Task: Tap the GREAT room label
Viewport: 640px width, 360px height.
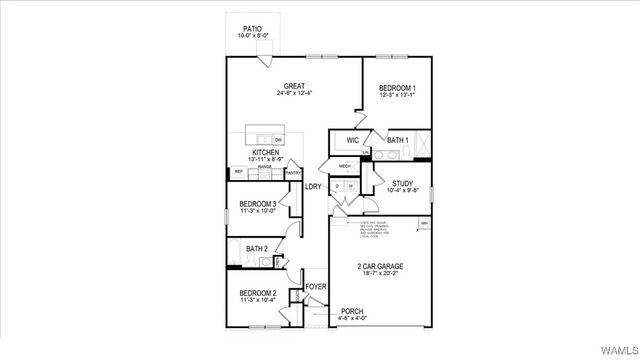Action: coord(294,86)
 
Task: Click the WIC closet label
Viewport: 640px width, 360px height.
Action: coord(353,140)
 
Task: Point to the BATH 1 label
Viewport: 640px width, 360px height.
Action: coord(398,140)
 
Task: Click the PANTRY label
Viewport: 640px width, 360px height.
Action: coord(293,173)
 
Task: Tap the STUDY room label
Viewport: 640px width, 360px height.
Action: coord(402,183)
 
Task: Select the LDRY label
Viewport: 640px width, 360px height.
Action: coord(313,185)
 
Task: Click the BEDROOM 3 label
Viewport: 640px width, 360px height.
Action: coord(258,204)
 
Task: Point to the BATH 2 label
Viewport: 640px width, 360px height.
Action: coord(256,248)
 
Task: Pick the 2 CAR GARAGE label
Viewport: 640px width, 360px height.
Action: coord(380,266)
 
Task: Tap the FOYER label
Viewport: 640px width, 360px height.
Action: coord(316,287)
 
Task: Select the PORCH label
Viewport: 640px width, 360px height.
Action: coord(352,311)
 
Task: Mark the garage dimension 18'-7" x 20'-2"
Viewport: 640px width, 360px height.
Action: coord(380,274)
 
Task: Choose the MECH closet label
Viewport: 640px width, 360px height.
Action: coord(344,166)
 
